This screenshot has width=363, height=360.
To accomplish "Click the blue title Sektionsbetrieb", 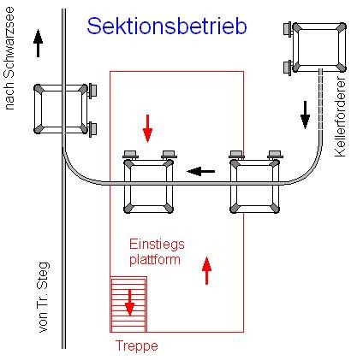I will (167, 27).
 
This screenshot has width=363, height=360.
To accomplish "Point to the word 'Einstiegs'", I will (157, 244).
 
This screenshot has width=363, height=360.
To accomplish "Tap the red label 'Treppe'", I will (137, 345).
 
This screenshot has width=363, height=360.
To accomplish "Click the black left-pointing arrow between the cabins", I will (201, 171).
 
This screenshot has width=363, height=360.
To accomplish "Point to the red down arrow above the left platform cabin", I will (147, 127).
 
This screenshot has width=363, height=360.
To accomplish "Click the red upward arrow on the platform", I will (205, 271).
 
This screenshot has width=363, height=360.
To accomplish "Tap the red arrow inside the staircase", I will (129, 302).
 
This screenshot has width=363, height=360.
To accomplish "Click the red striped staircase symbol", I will (128, 304).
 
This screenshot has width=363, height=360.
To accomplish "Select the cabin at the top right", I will (318, 48).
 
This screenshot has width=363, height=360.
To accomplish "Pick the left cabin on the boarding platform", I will (149, 184).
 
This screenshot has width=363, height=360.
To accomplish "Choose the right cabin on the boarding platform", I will (255, 184).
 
